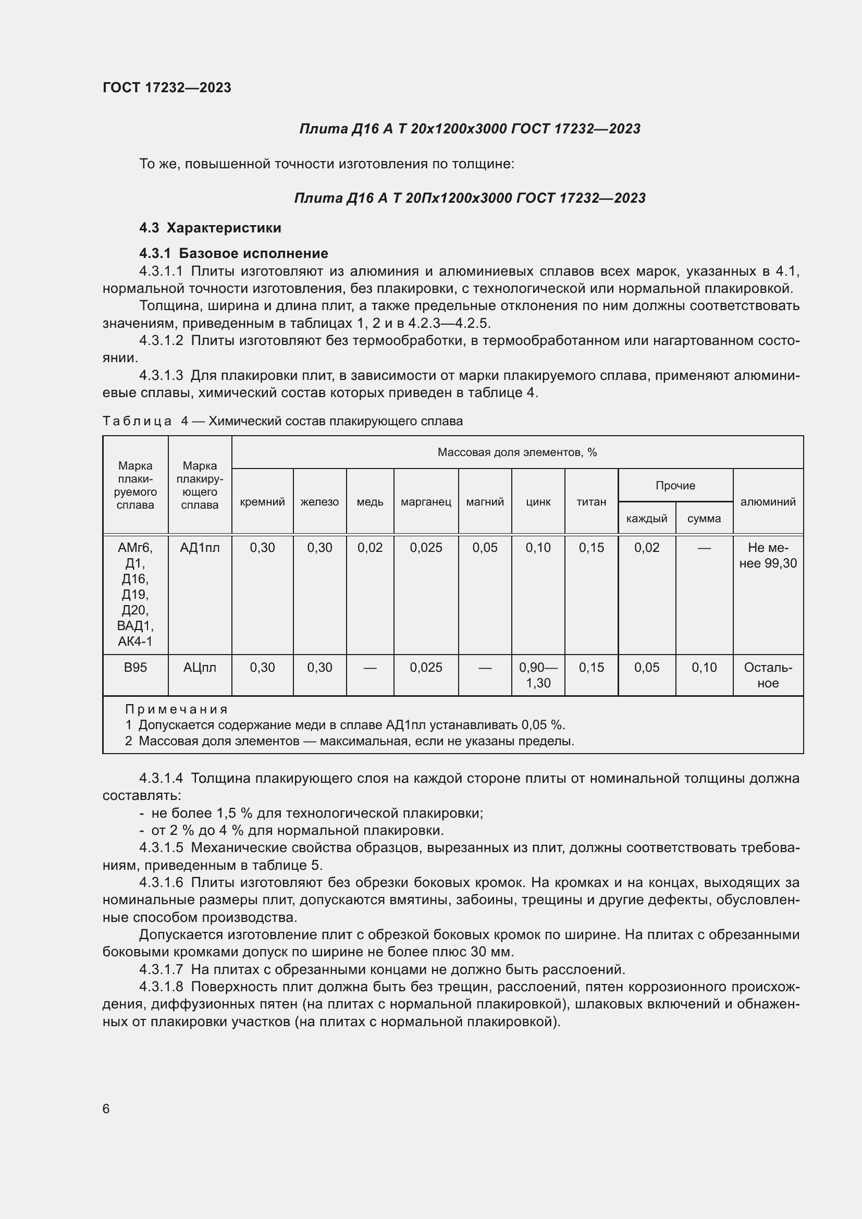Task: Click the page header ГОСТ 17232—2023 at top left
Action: (x=167, y=88)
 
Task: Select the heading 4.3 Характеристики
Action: (x=210, y=228)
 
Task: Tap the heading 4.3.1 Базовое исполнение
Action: (x=233, y=253)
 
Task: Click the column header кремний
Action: (x=262, y=502)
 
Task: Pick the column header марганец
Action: (x=426, y=502)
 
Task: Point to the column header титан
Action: (x=592, y=502)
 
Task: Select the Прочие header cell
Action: (x=675, y=485)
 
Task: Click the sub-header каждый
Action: (x=646, y=518)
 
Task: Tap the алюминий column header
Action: (x=768, y=502)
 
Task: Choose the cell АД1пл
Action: (x=200, y=547)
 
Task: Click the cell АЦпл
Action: (x=200, y=668)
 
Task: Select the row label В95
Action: (x=136, y=668)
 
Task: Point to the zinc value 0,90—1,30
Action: (x=538, y=675)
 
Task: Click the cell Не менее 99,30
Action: (x=768, y=556)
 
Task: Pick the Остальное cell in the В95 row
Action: (x=768, y=675)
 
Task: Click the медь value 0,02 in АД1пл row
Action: (x=370, y=547)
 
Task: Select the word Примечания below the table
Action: (x=176, y=709)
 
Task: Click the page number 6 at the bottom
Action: (x=106, y=1109)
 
